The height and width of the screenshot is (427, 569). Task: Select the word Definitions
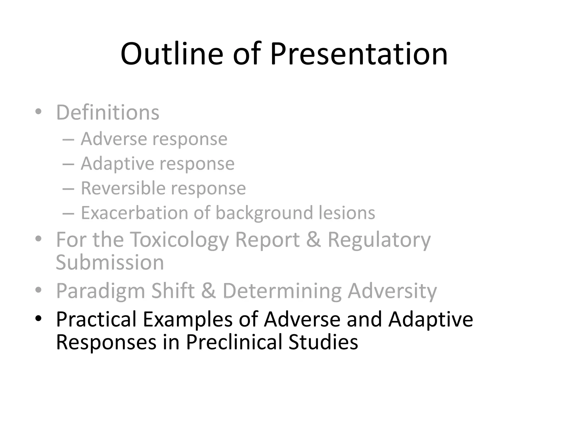pos(108,113)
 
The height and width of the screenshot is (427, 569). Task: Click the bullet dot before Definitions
pos(38,112)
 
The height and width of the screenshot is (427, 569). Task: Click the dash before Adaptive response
pos(68,164)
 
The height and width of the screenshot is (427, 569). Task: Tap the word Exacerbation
pos(134,213)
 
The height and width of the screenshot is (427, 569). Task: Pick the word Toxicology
pos(179,240)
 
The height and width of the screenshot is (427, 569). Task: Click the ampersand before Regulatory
pos(313,240)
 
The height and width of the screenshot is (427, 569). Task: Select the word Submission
pos(110,262)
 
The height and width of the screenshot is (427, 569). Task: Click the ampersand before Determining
pos(208,291)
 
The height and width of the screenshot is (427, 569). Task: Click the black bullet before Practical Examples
pos(38,318)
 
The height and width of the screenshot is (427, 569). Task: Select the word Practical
pos(96,319)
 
